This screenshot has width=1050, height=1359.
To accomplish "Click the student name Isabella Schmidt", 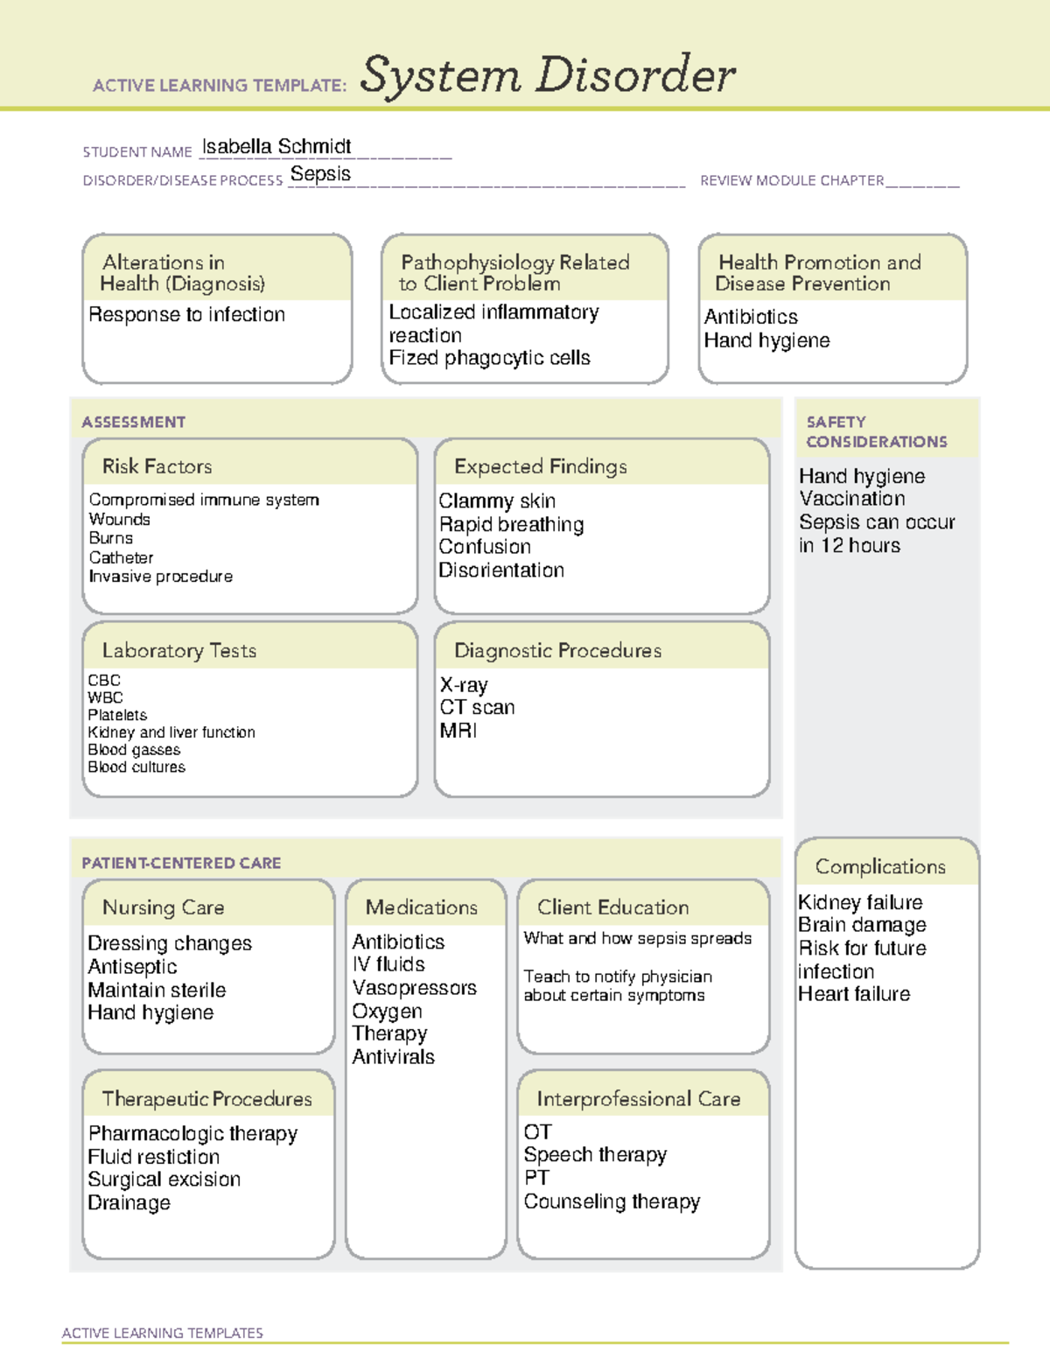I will [276, 147].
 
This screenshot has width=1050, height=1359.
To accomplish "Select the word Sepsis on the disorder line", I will [320, 174].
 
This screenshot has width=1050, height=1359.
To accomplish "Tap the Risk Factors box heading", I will [157, 466].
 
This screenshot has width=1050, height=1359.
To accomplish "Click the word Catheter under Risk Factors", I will [121, 557].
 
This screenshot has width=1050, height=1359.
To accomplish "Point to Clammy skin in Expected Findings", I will [497, 501].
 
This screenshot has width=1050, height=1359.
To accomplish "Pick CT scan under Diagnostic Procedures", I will [477, 707].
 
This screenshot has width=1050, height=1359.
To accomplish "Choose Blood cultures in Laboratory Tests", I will [136, 767].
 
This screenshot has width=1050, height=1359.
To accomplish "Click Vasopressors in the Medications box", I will [414, 988].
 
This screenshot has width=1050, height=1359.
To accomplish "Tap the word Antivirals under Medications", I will [393, 1057].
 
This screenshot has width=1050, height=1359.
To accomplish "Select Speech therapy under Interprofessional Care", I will [595, 1155].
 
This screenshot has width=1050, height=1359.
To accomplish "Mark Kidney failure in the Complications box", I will [860, 902].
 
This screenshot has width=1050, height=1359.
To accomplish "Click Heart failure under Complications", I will [854, 994].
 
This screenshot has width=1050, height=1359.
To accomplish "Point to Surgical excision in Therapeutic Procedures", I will [164, 1180].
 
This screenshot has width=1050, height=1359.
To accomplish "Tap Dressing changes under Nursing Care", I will [170, 943].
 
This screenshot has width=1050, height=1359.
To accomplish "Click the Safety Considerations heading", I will [876, 431].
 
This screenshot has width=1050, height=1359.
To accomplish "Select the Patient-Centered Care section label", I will [181, 863].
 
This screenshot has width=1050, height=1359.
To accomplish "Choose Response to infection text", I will [186, 315].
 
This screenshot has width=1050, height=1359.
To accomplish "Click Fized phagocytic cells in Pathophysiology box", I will [489, 358].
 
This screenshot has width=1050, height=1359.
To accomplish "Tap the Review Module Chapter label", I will [792, 180].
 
